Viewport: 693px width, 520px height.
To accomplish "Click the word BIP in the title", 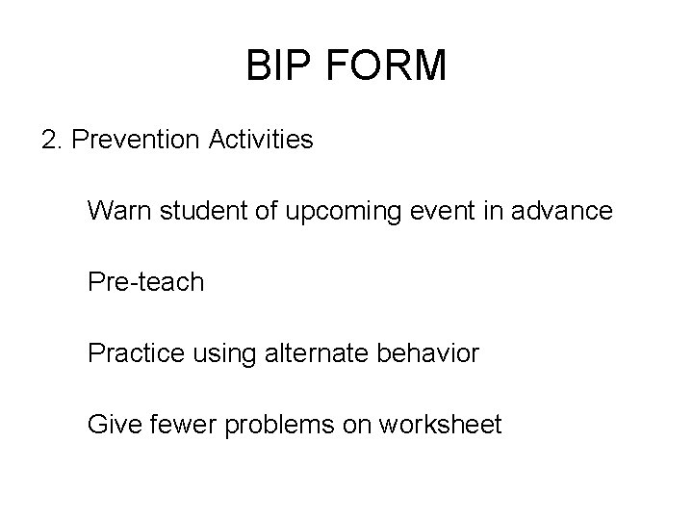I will coord(279,66).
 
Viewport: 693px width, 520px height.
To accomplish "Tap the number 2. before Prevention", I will coord(53,141).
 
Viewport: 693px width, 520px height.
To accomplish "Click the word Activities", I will coord(259,141).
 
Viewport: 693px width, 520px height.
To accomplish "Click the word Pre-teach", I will coord(145,282).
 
